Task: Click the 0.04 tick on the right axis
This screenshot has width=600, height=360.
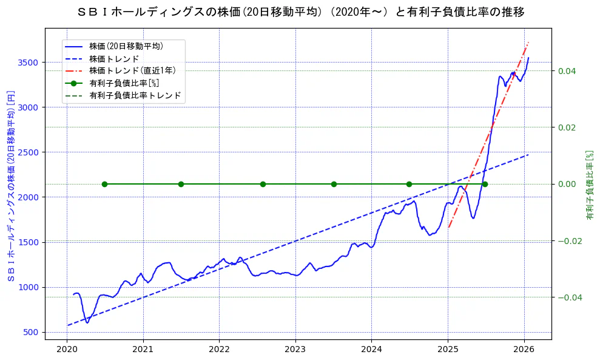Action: click(567, 71)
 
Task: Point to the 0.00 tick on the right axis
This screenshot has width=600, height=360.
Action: click(567, 184)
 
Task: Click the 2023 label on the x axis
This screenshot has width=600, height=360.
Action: click(295, 350)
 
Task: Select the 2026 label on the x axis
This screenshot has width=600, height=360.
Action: click(524, 350)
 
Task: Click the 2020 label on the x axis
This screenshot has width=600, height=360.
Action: click(67, 350)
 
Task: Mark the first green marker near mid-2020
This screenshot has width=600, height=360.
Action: click(104, 184)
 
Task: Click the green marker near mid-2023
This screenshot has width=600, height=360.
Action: click(334, 184)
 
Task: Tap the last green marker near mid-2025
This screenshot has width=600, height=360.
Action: click(485, 184)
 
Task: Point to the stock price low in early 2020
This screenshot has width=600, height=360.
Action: click(87, 322)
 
